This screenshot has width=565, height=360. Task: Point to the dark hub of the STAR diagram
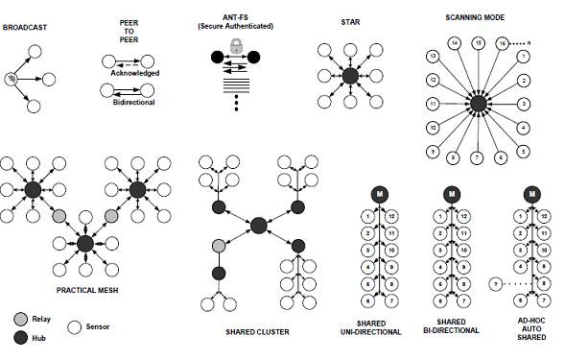pos(350,75)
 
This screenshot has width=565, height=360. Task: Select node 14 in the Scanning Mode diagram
pos(456,43)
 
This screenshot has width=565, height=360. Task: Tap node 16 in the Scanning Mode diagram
pos(501,43)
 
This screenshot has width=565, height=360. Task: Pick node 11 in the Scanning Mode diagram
pos(434,103)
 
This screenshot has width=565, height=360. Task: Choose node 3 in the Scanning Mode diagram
pos(523,103)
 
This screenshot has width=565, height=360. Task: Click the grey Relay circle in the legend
pos(20,318)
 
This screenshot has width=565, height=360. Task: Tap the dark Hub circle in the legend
pos(20,337)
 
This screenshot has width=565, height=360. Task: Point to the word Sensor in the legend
pos(97,326)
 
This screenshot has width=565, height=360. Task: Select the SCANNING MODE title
pos(477,17)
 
